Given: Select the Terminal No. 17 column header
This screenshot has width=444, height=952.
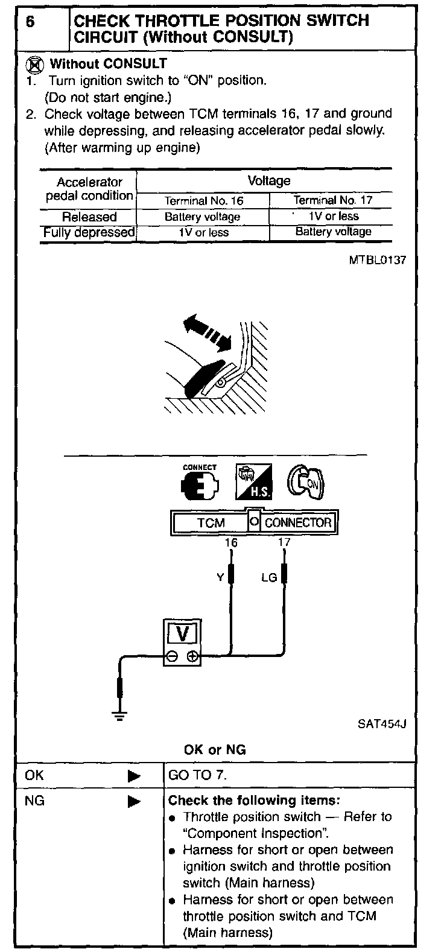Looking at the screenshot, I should tap(333, 200).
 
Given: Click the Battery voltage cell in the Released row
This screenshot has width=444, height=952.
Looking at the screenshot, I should tap(202, 217).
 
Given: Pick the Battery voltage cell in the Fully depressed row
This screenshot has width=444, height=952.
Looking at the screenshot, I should tap(333, 232).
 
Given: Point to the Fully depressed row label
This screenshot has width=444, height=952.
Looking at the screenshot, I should tap(89, 232).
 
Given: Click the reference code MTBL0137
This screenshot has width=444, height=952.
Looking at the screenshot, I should tap(377, 261).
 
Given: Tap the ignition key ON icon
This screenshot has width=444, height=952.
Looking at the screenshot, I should tap(305, 482).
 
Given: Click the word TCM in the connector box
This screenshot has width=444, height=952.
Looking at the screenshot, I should tap(211, 522).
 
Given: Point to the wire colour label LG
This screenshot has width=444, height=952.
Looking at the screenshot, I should tap(268, 578).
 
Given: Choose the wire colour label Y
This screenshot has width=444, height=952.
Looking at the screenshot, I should tap(220, 578).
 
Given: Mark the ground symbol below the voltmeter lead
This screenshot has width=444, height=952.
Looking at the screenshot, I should tap(120, 716).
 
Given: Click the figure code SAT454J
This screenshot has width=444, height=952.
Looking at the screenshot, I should tap(382, 723).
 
